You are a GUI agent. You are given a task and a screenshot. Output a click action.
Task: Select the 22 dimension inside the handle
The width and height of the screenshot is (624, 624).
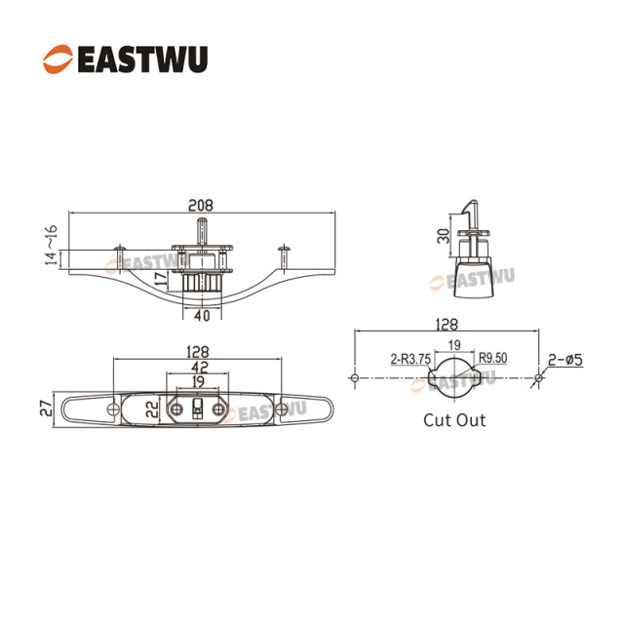151,409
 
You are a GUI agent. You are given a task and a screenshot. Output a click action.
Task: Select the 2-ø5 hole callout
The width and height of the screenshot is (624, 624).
565,359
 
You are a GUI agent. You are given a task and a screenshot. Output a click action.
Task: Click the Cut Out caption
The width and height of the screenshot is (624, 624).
454,421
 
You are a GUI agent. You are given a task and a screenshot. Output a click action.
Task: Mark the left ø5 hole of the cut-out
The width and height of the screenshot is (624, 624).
356,377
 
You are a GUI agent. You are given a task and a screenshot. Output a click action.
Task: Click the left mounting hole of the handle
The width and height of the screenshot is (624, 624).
119,409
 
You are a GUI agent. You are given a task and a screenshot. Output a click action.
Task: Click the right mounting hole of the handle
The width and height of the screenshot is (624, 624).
283,409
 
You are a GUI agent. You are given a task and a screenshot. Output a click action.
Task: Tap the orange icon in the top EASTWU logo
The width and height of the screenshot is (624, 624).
57,58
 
